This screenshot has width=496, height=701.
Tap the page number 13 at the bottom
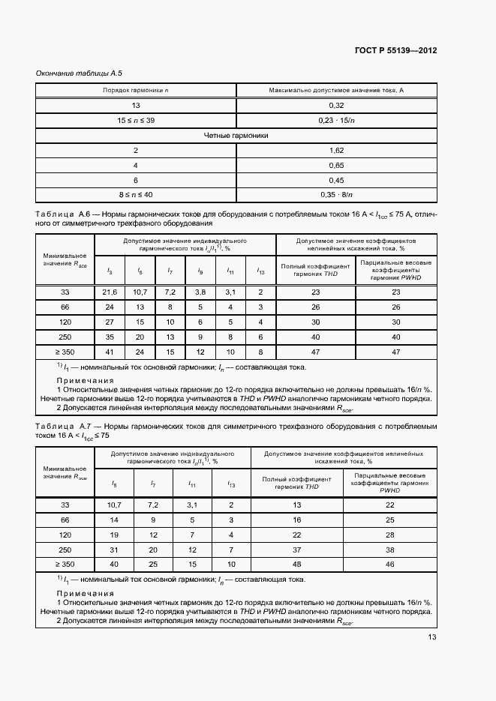click(x=431, y=637)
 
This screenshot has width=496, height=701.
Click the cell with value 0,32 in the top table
click(x=337, y=106)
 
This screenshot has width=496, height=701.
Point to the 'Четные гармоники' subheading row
click(x=236, y=136)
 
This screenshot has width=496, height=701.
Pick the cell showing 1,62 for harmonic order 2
click(x=337, y=151)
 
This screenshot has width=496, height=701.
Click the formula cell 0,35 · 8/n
click(x=337, y=195)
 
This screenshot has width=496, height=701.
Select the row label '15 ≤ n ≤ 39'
click(x=136, y=120)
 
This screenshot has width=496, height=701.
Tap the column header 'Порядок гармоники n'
click(x=136, y=91)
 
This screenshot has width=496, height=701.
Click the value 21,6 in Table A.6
click(x=110, y=292)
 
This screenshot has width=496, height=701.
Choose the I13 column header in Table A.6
click(x=260, y=271)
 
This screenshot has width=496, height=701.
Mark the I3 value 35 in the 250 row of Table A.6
click(x=110, y=337)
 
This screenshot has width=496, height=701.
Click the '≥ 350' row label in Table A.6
click(x=65, y=352)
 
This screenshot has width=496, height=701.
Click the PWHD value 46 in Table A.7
click(x=389, y=564)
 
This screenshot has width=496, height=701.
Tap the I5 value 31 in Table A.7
click(x=115, y=550)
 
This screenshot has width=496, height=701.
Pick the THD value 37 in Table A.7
click(x=297, y=550)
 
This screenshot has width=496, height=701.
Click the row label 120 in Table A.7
click(x=65, y=535)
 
